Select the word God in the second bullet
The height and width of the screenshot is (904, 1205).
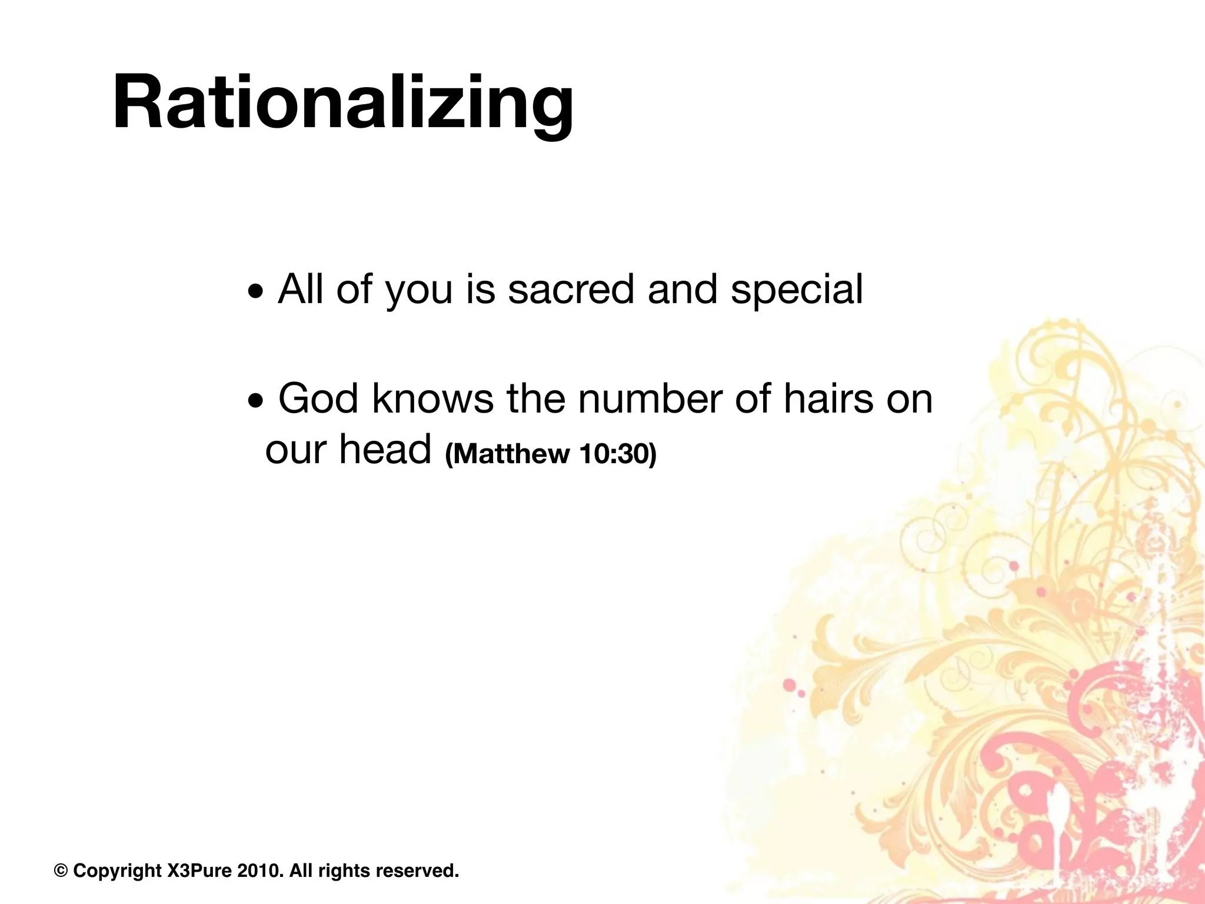coord(318,399)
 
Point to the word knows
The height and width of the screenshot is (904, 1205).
coord(432,399)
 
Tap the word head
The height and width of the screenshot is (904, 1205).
coord(385,450)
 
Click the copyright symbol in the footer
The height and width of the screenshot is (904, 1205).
coord(60,870)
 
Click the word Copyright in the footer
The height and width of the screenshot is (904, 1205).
coord(117,870)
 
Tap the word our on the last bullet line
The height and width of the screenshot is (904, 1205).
coord(295,451)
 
